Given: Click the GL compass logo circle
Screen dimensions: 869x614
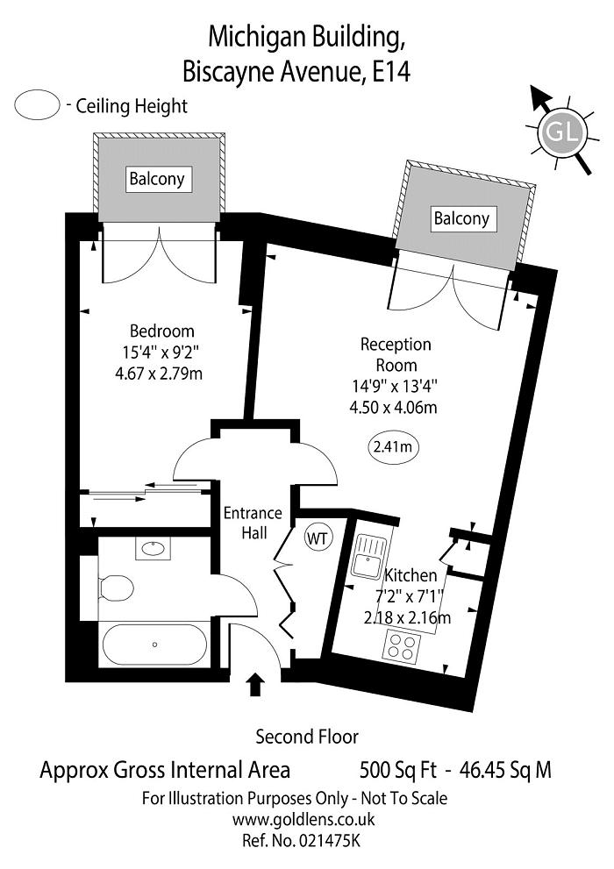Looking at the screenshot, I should click(x=561, y=134).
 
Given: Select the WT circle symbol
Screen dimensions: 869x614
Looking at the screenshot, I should click(x=318, y=538).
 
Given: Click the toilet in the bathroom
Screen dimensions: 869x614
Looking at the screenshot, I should click(x=115, y=587).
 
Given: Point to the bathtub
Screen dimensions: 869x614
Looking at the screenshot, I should click(x=154, y=645).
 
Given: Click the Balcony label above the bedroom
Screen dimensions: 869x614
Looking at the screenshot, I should click(x=157, y=179).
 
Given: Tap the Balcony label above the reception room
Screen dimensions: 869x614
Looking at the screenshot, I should click(x=461, y=218).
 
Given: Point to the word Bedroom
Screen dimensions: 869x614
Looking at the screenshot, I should click(x=161, y=331).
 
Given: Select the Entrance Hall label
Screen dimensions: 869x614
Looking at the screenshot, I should click(x=253, y=523).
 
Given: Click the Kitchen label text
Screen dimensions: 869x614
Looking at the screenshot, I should click(x=411, y=576).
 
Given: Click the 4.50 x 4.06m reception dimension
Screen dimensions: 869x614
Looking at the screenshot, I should click(x=393, y=406).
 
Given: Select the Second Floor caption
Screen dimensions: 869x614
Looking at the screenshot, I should click(x=307, y=736).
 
